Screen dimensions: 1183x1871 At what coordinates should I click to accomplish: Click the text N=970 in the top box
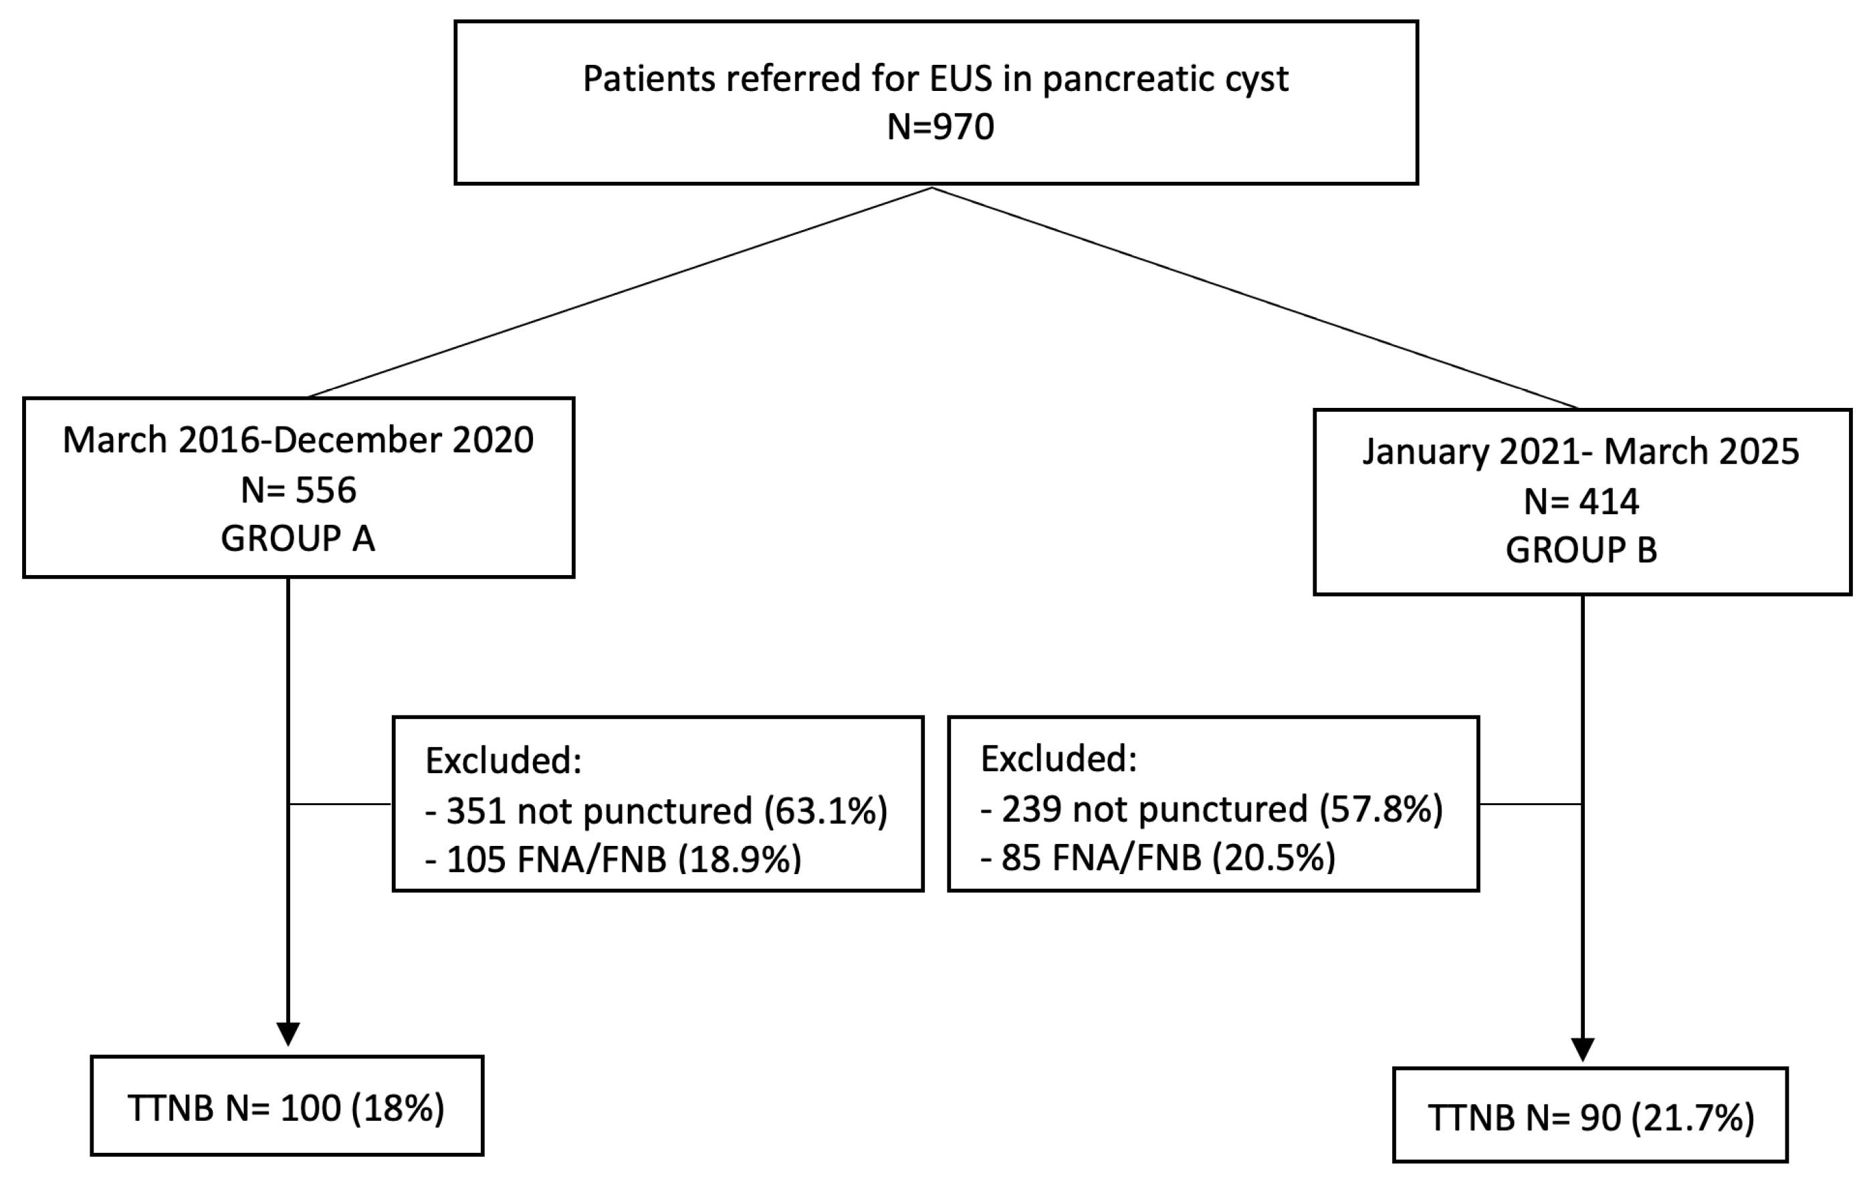(940, 126)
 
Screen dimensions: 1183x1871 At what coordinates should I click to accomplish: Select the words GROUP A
(298, 538)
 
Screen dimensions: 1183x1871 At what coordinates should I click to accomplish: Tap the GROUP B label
(1581, 550)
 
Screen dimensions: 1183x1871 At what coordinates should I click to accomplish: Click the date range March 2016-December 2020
(298, 440)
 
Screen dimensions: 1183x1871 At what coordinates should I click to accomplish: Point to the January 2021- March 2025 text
(1581, 451)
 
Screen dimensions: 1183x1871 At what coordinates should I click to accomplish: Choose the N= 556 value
(298, 490)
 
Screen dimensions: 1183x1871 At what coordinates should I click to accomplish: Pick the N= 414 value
(1581, 502)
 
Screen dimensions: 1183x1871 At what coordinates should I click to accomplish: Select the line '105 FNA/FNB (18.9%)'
(614, 859)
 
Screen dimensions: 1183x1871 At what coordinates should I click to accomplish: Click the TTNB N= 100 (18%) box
(287, 1108)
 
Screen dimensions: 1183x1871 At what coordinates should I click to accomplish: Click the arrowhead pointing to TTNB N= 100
(288, 1035)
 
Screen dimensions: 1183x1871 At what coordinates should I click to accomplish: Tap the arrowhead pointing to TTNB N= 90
(1583, 1049)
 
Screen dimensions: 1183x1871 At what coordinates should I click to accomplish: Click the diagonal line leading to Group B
(1255, 298)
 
